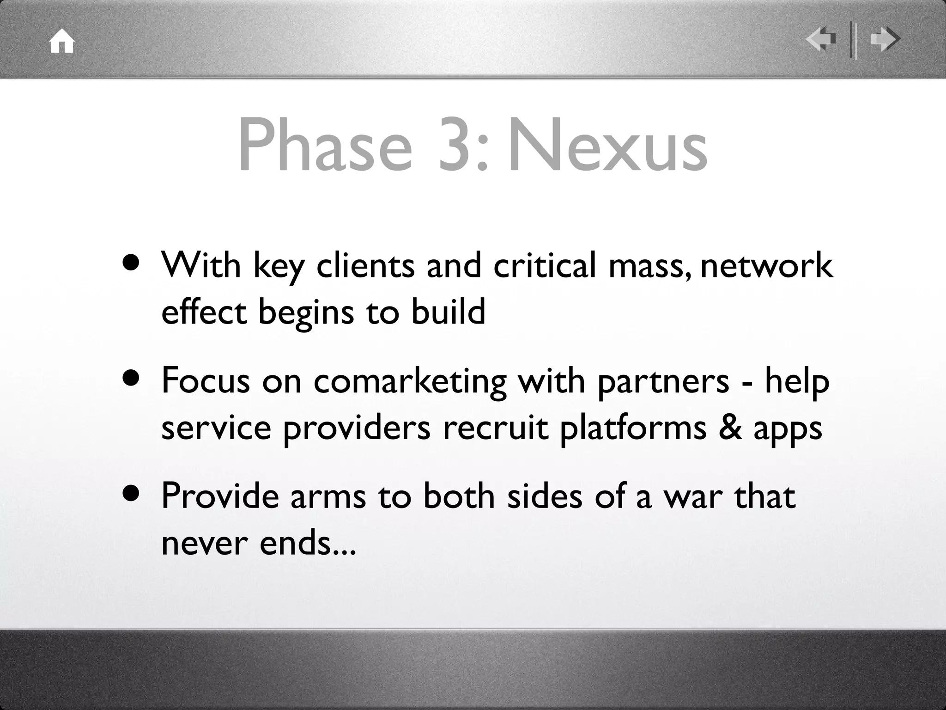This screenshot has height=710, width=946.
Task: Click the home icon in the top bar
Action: point(62,42)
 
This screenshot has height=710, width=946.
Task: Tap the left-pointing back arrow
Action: point(821,40)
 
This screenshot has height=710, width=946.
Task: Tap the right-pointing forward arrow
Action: point(884,40)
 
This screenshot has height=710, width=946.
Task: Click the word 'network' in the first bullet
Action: point(767,266)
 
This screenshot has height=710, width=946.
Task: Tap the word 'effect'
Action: point(204,312)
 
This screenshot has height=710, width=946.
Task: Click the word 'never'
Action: point(204,544)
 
